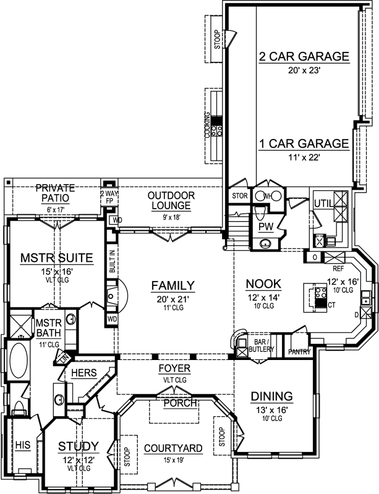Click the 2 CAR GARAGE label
click(x=304, y=57)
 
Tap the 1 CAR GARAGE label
click(x=304, y=143)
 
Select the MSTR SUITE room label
click(x=56, y=257)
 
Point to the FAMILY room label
click(x=174, y=285)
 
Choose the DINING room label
click(x=271, y=396)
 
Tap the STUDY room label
click(x=79, y=446)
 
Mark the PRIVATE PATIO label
click(x=54, y=193)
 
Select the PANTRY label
click(x=300, y=352)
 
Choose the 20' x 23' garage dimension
click(x=304, y=72)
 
